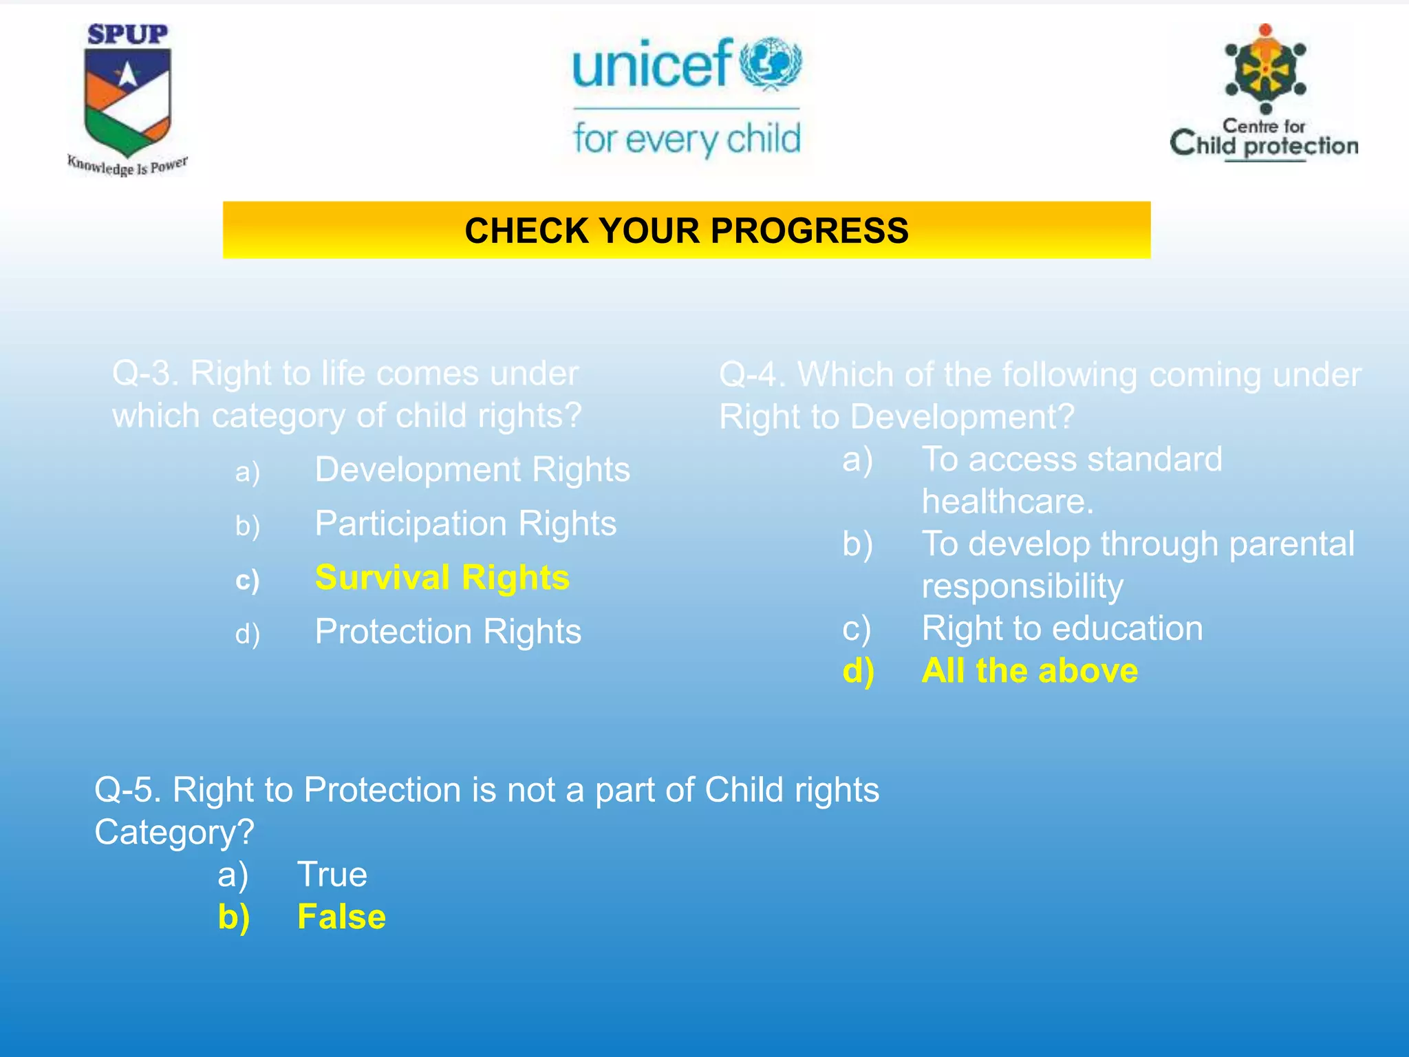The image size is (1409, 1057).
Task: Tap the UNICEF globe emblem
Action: (771, 63)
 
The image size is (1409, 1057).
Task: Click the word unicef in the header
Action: (651, 65)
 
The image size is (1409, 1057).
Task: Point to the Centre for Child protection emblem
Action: (1265, 69)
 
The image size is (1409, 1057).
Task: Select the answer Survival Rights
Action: (442, 577)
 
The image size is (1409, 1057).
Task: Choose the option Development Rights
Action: (472, 470)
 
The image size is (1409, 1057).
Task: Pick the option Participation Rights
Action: (465, 524)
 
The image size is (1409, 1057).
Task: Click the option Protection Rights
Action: (448, 632)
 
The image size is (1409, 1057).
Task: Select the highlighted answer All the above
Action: (1029, 671)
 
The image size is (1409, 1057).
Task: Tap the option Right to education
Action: (1062, 628)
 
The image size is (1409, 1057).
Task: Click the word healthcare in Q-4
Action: (1007, 502)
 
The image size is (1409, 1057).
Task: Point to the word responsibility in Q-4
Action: (1022, 586)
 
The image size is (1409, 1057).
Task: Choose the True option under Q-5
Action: (332, 875)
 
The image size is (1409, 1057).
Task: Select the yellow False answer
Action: (341, 917)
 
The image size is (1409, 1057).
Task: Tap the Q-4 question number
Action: (751, 375)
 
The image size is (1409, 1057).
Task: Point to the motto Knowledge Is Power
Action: (127, 166)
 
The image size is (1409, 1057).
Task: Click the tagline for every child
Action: (687, 139)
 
